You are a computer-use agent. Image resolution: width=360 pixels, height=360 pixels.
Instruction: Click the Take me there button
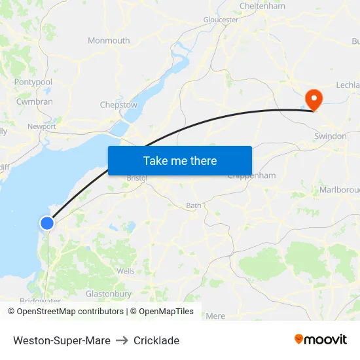click(180, 160)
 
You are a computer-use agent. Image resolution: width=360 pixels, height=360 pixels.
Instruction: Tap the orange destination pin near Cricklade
click(315, 99)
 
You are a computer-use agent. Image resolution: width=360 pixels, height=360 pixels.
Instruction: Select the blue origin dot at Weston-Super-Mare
click(47, 223)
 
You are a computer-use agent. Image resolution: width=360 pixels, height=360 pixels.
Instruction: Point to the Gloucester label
click(221, 20)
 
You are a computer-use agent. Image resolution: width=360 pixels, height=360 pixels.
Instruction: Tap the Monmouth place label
click(109, 41)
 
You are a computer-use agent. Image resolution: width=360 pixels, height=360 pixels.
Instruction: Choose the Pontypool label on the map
click(33, 82)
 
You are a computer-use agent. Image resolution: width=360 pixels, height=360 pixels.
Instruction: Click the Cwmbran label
click(34, 102)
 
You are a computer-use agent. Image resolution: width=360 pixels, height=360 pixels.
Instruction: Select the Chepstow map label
click(118, 105)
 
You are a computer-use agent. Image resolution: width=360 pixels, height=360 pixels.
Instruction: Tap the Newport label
click(41, 126)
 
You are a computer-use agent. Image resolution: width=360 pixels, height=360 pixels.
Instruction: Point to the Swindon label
click(330, 136)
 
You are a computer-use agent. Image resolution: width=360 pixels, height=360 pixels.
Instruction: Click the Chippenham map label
click(251, 176)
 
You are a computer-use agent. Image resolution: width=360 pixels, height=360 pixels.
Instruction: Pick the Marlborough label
click(339, 190)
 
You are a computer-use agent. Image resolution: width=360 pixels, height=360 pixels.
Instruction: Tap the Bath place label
click(194, 206)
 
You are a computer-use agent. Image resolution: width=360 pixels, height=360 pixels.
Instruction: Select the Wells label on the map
click(126, 271)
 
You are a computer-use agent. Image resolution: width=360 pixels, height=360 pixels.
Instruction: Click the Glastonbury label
click(109, 295)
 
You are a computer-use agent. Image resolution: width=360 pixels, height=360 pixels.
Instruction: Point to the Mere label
click(215, 316)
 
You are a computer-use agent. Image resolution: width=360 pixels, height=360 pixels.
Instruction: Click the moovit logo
click(321, 340)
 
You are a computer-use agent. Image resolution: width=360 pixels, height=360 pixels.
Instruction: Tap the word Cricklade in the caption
click(156, 340)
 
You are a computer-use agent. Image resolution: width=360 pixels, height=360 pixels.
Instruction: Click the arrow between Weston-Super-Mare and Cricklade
click(122, 340)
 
